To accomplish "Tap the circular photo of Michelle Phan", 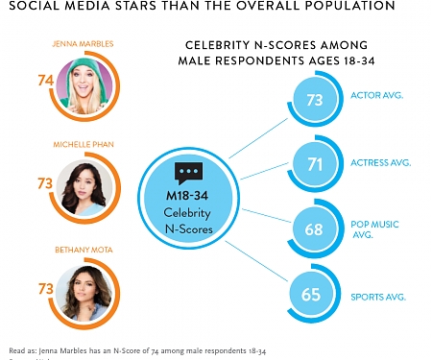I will tap(83, 185).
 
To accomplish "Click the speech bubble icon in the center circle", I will tap(187, 173).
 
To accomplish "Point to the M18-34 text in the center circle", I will tap(187, 196).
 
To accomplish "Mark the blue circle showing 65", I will tap(311, 294).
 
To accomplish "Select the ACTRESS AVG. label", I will tap(379, 162).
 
